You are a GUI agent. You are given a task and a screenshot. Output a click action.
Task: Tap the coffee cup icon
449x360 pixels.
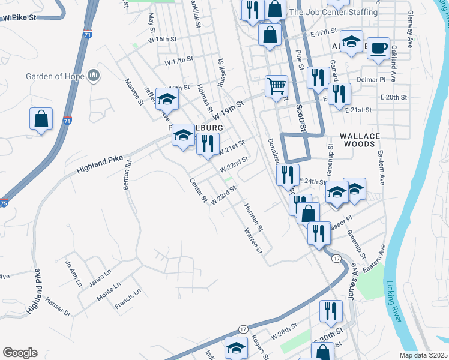378,47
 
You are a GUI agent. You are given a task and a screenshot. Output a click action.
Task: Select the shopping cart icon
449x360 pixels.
276,85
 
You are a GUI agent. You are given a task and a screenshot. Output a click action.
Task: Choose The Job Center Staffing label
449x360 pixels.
334,12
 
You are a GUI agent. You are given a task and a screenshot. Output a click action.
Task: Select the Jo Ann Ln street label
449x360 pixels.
72,274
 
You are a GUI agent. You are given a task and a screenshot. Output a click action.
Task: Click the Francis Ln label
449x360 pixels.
129,300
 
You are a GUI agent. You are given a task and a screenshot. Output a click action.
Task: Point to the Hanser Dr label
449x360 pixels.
58,306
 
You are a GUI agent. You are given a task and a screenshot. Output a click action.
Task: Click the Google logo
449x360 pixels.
20,353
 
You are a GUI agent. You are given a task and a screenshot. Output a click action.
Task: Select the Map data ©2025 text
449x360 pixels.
423,355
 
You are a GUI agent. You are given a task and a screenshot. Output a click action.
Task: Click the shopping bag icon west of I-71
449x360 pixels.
41,119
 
